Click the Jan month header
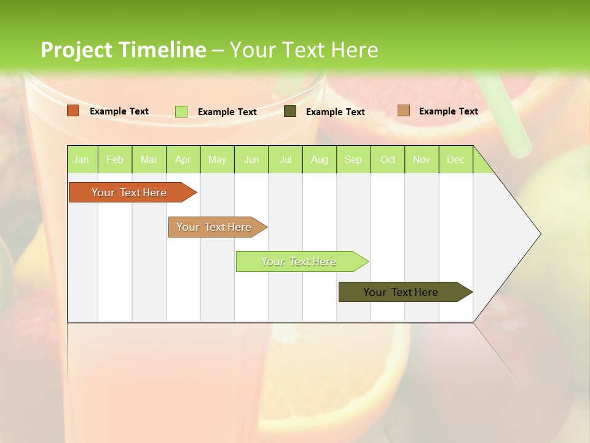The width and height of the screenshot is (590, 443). pos(82,159)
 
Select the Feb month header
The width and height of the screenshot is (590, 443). pos(115,159)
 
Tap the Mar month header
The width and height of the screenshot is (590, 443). pos(149,159)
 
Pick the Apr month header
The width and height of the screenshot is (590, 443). pos(183,159)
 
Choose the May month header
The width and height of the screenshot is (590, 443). pos(217,159)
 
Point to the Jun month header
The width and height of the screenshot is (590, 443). pos(251,159)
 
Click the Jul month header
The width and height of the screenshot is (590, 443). pos(285,159)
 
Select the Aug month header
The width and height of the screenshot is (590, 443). pos(320,159)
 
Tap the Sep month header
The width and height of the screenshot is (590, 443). pos(353,159)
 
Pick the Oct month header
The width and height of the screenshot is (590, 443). pos(388,159)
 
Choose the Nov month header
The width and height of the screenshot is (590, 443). pos(422,159)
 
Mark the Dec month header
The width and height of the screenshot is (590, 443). pos(456,159)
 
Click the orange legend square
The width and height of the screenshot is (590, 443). pos(73,111)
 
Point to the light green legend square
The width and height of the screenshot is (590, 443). pos(181,111)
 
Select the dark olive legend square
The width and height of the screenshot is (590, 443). pos(290,111)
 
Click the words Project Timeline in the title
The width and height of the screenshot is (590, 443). pos(123,50)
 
